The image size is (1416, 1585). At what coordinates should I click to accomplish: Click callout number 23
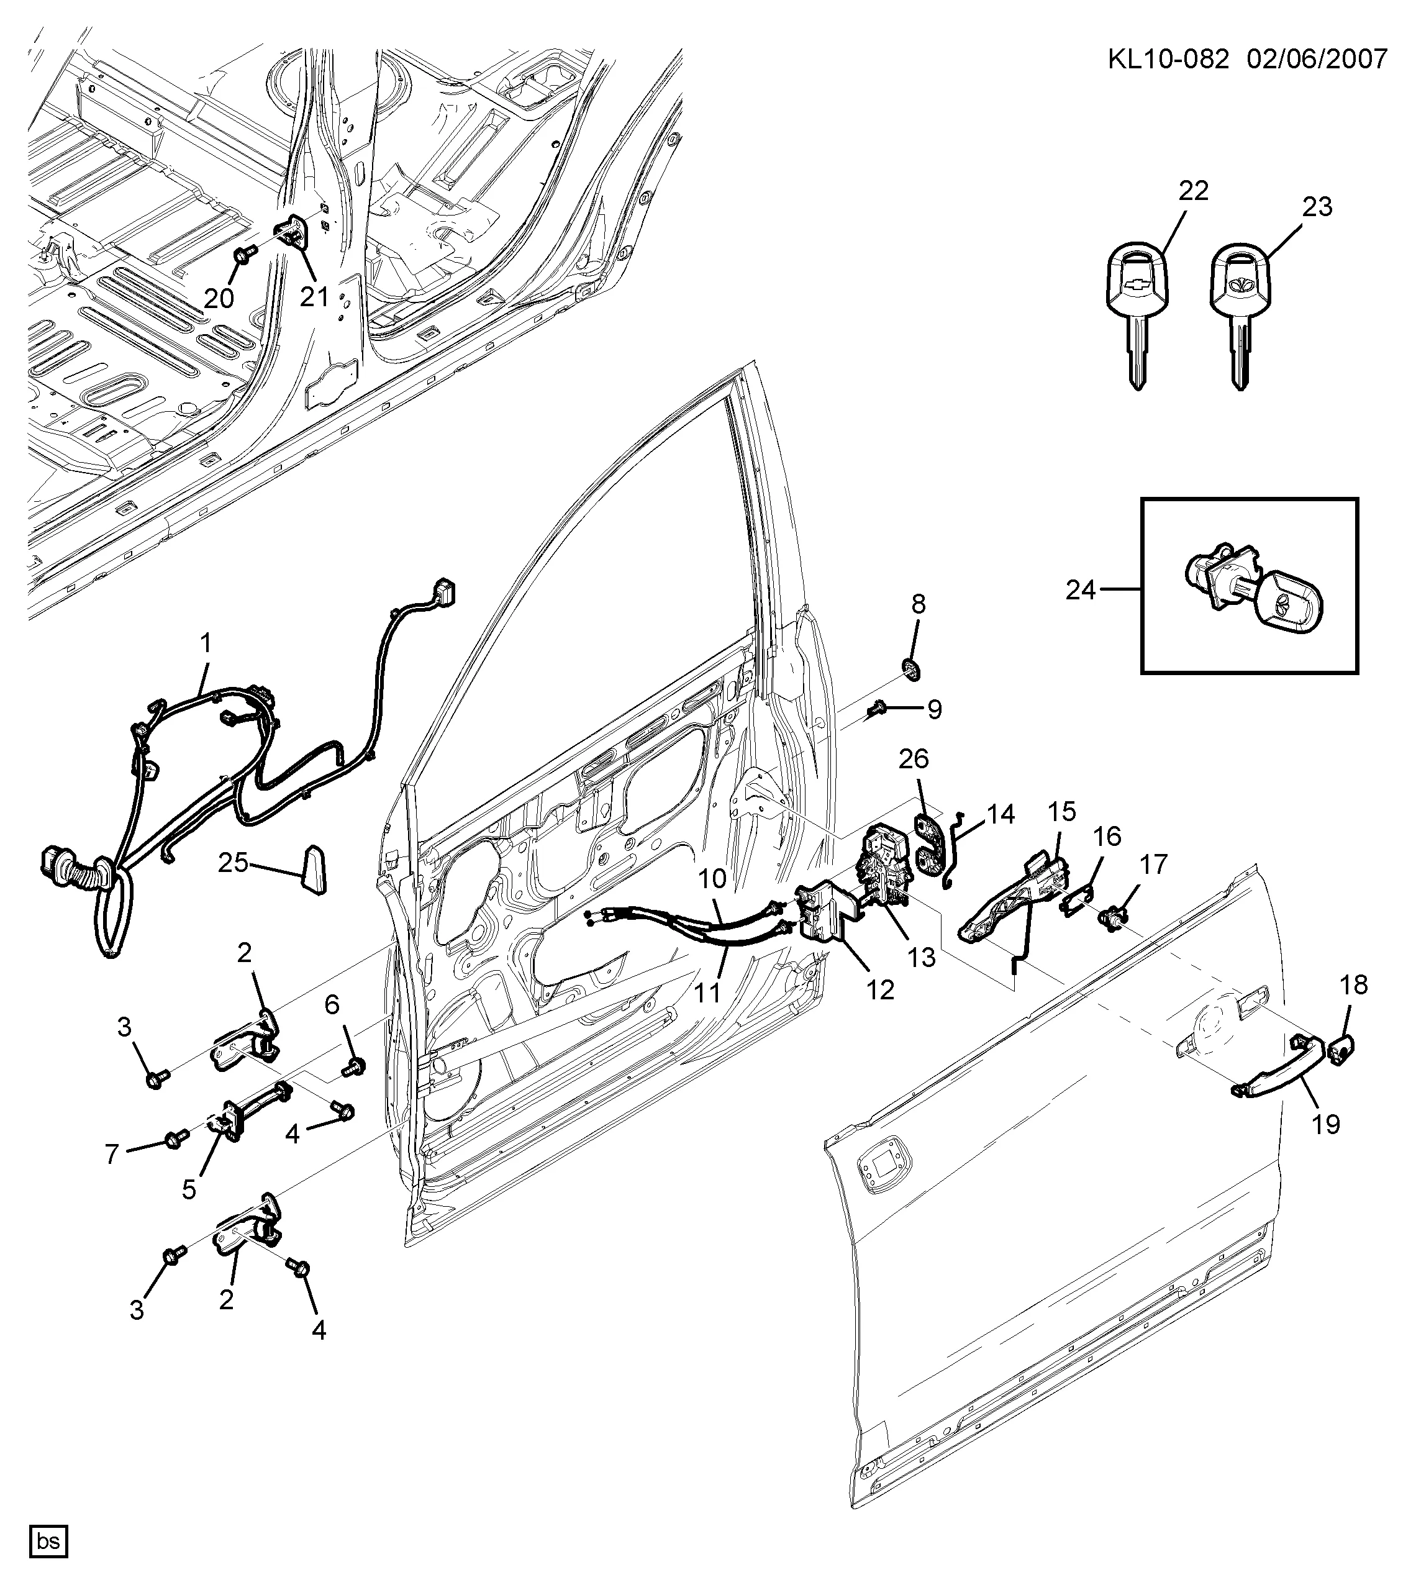pyautogui.click(x=1317, y=207)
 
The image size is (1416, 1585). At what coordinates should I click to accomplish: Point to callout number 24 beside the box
pyautogui.click(x=1081, y=590)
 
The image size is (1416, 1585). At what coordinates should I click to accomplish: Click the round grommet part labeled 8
pyautogui.click(x=909, y=668)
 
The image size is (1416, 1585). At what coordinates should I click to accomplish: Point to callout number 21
pyautogui.click(x=315, y=296)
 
